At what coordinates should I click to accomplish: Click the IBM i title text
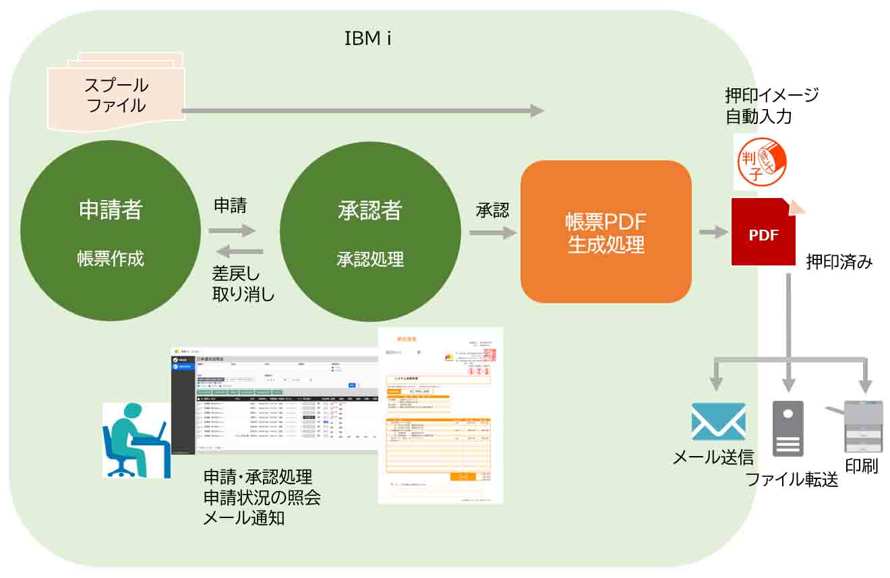point(368,38)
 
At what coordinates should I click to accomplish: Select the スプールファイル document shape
point(117,94)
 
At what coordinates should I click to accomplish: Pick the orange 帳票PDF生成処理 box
point(605,232)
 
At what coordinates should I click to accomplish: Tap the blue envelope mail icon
point(718,422)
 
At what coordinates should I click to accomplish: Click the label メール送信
point(713,458)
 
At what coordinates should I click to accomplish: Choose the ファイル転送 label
point(792,480)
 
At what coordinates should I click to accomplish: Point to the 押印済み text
point(839,262)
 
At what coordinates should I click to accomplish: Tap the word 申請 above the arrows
point(230,206)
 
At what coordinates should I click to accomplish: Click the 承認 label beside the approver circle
point(492,210)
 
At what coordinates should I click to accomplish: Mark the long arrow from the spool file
point(363,110)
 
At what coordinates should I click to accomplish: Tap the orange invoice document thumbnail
point(440,415)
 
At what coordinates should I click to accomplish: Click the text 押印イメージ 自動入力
point(771,106)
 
